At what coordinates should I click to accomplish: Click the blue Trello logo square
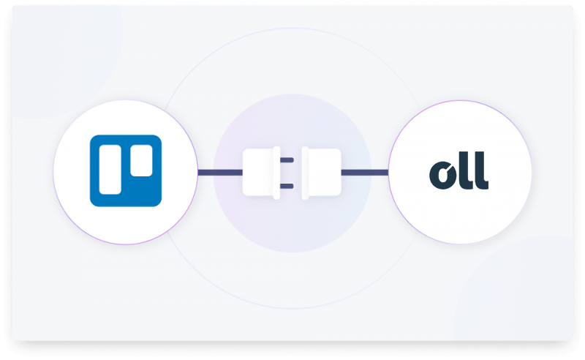tap(126, 170)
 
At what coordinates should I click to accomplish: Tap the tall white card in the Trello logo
tap(110, 170)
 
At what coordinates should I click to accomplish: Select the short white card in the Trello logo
tap(141, 160)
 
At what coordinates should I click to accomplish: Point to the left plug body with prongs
tap(261, 173)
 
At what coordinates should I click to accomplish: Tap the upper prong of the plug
tap(287, 160)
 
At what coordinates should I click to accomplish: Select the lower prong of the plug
tap(287, 186)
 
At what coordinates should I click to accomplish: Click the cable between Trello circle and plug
tap(220, 173)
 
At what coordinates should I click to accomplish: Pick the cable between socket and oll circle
tap(365, 173)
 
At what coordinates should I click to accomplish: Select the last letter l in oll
tap(482, 170)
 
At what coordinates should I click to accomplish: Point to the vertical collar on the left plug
tap(276, 173)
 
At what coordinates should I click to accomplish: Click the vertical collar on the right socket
tap(305, 173)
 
